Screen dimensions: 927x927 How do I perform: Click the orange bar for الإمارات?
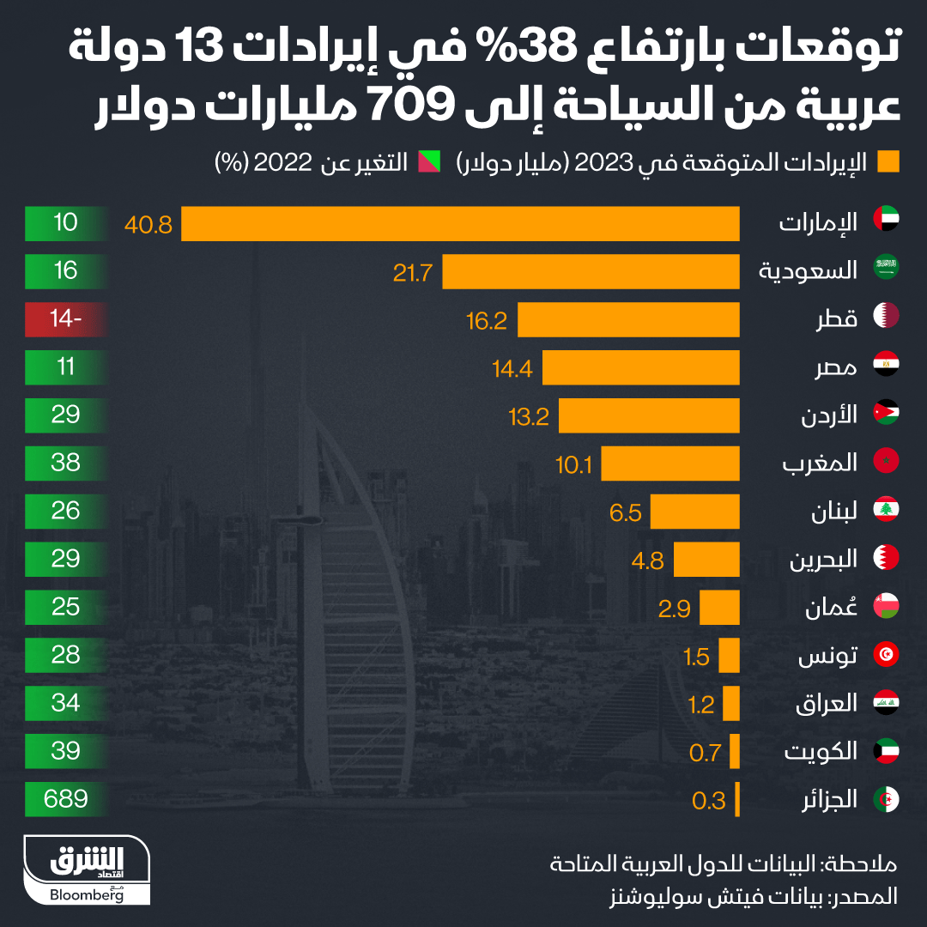pyautogui.click(x=460, y=224)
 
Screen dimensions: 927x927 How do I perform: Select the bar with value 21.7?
pyautogui.click(x=591, y=272)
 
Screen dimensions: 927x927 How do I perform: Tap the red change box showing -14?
pyautogui.click(x=66, y=320)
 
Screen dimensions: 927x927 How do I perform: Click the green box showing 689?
pyautogui.click(x=66, y=799)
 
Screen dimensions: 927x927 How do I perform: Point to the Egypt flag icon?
pyautogui.click(x=886, y=368)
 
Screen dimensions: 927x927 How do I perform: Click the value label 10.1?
pyautogui.click(x=574, y=464)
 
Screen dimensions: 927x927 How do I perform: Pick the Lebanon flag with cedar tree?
pyautogui.click(x=886, y=512)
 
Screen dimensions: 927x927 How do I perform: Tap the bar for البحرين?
pyautogui.click(x=706, y=560)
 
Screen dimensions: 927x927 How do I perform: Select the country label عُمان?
pyautogui.click(x=832, y=609)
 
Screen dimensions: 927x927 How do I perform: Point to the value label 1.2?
pyautogui.click(x=701, y=705)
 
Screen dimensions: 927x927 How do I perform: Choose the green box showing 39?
pyautogui.click(x=66, y=751)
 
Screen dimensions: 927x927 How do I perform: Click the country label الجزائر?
pyautogui.click(x=829, y=800)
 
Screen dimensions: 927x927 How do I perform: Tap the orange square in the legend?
pyautogui.click(x=888, y=162)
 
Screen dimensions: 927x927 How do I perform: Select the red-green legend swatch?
pyautogui.click(x=429, y=162)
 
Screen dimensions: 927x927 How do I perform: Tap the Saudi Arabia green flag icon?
pyautogui.click(x=886, y=272)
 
